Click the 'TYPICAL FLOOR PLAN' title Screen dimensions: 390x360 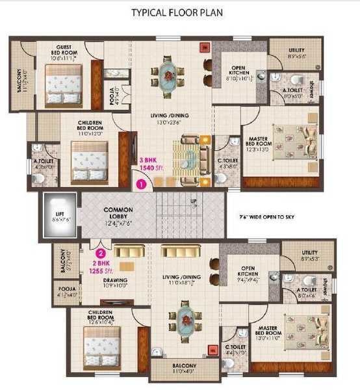(179, 13)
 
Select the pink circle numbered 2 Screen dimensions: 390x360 (101, 254)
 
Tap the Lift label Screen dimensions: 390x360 (58, 215)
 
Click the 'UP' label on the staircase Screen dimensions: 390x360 (193, 201)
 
